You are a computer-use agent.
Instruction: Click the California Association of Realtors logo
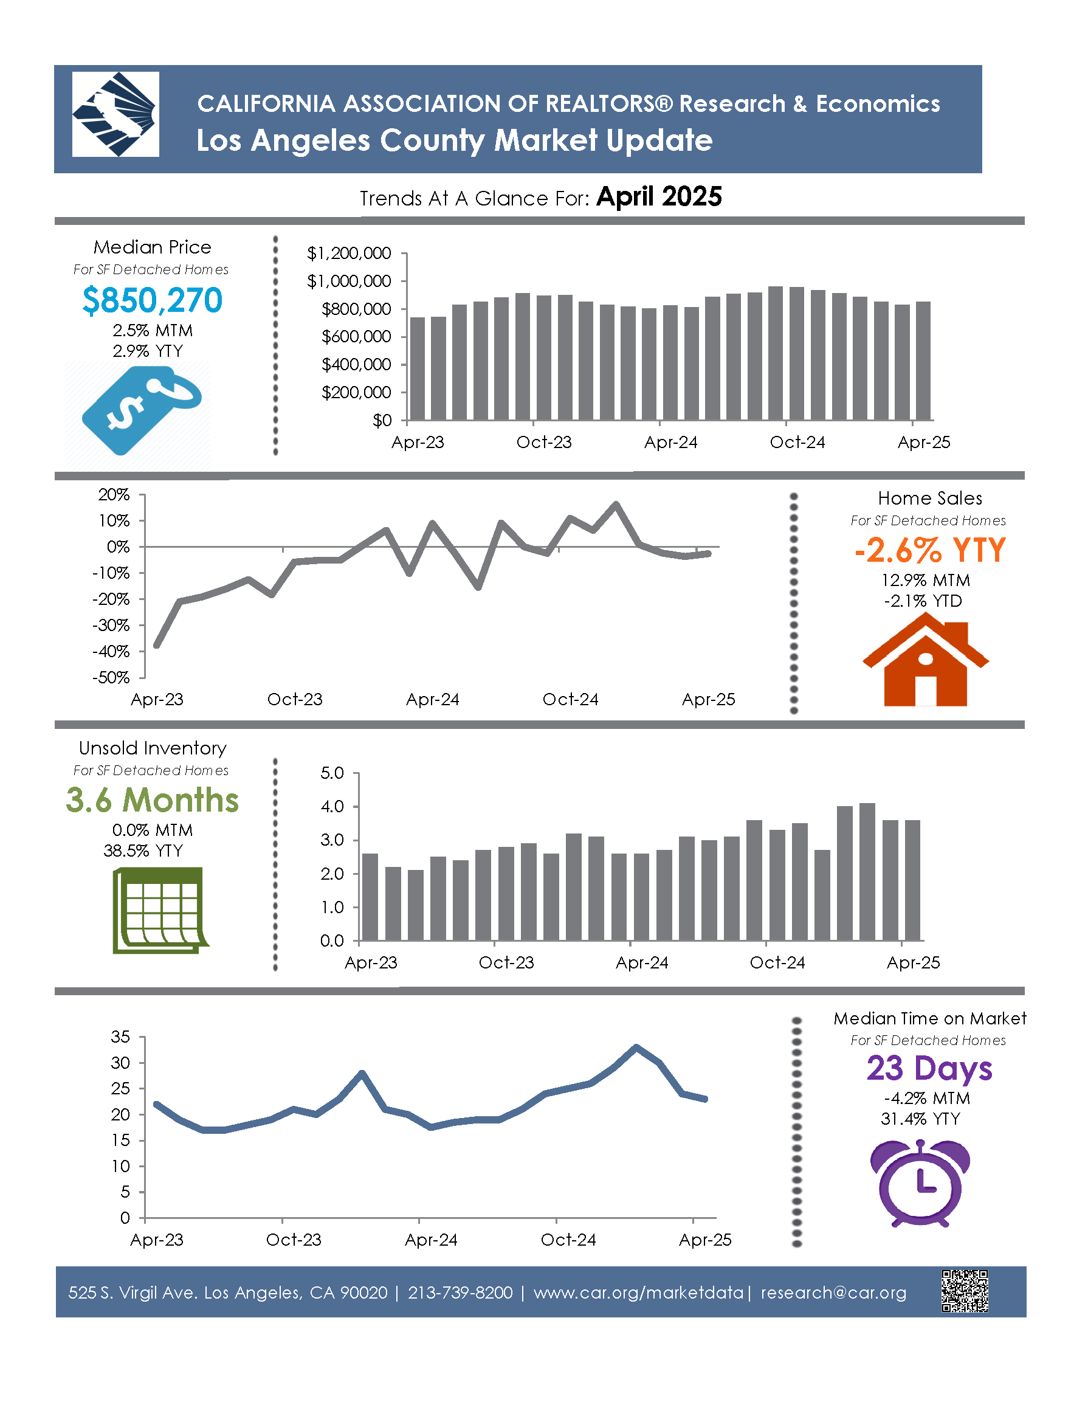point(115,114)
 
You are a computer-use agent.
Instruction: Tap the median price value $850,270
point(153,300)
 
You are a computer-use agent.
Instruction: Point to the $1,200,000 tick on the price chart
point(349,253)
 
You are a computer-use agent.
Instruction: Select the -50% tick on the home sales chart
point(111,678)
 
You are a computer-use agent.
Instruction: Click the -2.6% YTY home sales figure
point(929,550)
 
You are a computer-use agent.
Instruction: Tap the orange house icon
point(926,659)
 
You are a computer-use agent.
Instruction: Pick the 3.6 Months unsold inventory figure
point(152,800)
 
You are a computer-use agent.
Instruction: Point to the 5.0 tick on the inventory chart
point(332,772)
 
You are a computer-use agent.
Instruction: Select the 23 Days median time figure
point(929,1068)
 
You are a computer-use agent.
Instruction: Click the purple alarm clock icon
point(920,1183)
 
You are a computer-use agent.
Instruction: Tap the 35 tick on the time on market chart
point(120,1037)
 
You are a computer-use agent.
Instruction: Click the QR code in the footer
point(965,1291)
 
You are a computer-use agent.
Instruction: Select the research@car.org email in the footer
point(833,1292)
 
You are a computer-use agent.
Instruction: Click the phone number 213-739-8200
point(460,1292)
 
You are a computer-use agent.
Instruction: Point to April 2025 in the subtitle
point(659,196)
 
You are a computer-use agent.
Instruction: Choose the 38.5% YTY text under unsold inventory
point(143,851)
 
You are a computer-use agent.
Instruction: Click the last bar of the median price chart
point(923,361)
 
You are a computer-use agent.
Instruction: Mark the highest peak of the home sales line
point(616,504)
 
